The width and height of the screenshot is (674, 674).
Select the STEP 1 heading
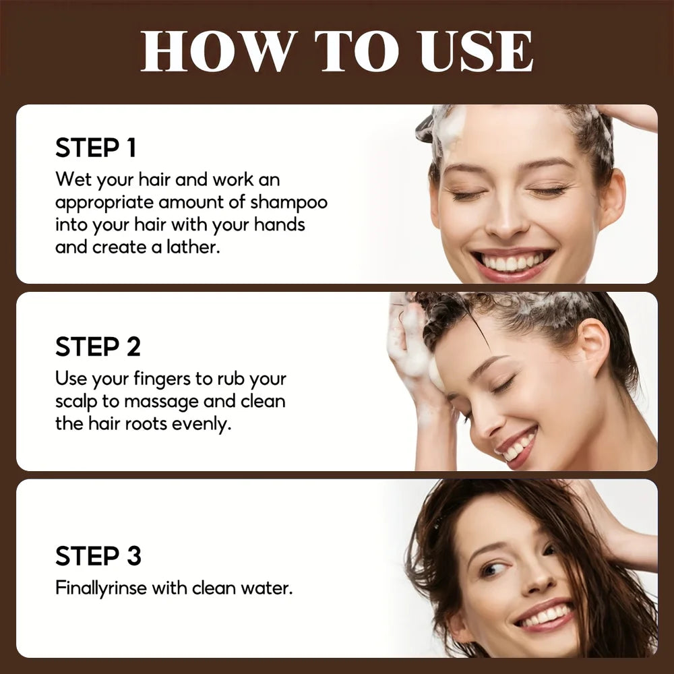pos(96,148)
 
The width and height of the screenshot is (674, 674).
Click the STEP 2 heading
pos(98,346)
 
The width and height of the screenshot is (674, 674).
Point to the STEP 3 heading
pos(98,556)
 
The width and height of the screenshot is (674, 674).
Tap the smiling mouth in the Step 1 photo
pos(514,262)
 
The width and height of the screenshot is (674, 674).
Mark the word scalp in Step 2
pos(75,402)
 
